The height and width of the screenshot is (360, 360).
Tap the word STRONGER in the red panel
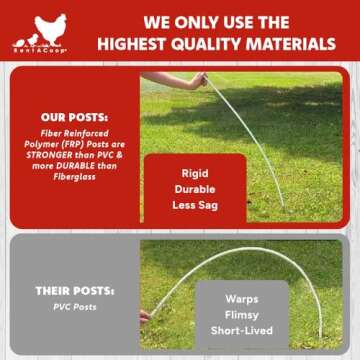53,155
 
